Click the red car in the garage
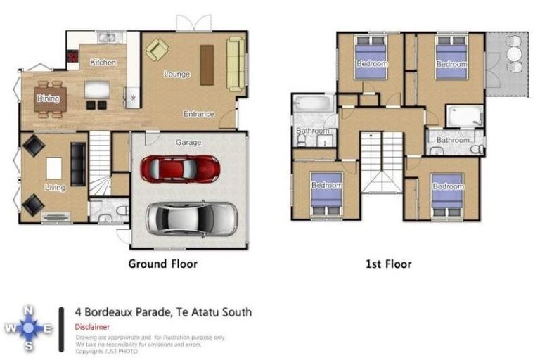(x=180, y=169)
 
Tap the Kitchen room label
(x=103, y=63)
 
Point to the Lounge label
(x=176, y=75)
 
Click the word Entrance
(x=199, y=114)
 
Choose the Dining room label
(x=48, y=99)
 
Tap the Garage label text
(x=188, y=143)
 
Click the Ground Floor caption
(x=162, y=264)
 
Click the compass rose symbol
(x=27, y=328)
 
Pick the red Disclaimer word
(x=92, y=327)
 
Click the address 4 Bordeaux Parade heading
(x=163, y=311)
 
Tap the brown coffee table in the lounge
(x=207, y=65)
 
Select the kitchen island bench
(x=97, y=89)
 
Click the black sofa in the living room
(x=77, y=164)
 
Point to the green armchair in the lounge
(x=157, y=50)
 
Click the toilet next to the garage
(x=120, y=210)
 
